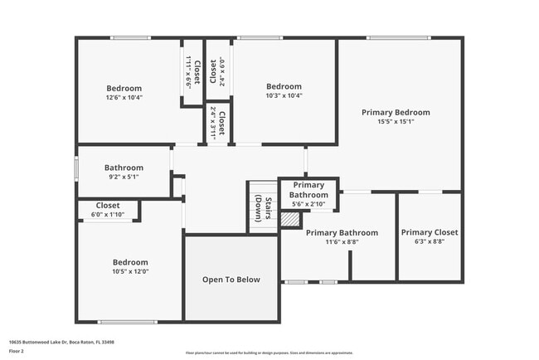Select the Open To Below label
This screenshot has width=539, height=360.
(x=231, y=280)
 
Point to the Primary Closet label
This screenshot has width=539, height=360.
(x=429, y=232)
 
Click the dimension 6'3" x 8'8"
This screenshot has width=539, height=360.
(x=429, y=241)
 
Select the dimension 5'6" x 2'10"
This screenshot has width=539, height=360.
(x=308, y=203)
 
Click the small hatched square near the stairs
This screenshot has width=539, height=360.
(x=289, y=219)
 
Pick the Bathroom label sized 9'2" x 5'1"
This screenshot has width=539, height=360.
(x=124, y=168)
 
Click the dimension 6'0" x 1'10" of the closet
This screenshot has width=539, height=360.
(x=107, y=216)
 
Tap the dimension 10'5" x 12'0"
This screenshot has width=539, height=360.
(x=130, y=271)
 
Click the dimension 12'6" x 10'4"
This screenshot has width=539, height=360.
(x=124, y=97)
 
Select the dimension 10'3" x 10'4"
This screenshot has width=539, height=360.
(x=284, y=95)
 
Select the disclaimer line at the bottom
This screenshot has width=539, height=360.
(x=269, y=352)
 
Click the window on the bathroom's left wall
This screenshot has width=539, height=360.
(x=77, y=167)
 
